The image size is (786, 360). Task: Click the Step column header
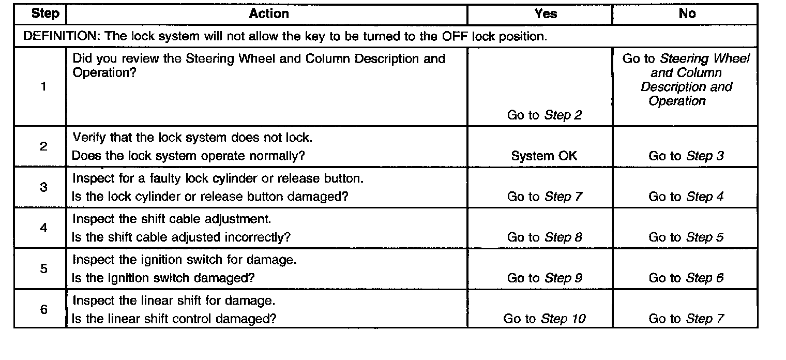45,14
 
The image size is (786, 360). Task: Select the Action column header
269,14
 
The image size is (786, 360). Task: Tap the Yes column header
546,14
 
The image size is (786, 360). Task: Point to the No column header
687,14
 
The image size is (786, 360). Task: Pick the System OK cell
544,156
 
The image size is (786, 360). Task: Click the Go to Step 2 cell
545,115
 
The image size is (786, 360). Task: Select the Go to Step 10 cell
545,319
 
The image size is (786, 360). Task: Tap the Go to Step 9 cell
545,278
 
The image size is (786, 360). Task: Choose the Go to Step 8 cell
545,237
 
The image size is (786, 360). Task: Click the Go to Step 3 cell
686,156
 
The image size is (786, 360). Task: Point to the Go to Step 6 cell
686,278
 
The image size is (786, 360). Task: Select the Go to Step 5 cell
686,237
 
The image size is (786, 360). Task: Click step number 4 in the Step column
43,228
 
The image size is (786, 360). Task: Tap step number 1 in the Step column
43,87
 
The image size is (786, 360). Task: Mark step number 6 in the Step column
43,309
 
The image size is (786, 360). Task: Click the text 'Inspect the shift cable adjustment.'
172,219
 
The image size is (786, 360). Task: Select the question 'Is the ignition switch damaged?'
163,278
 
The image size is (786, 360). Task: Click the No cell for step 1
686,80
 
